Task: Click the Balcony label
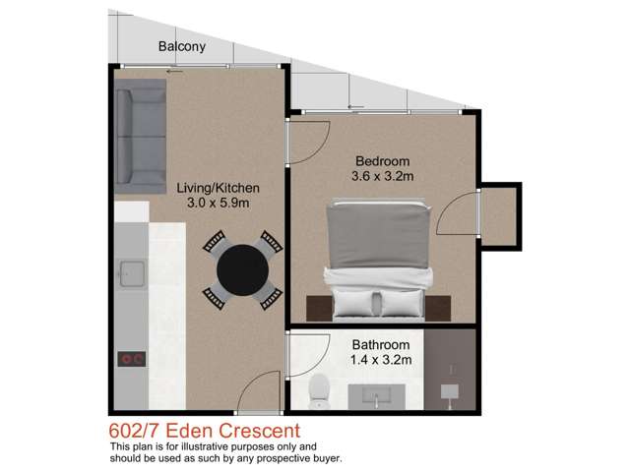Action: pyautogui.click(x=183, y=46)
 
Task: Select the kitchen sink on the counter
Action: pyautogui.click(x=130, y=269)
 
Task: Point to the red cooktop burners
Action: pyautogui.click(x=130, y=359)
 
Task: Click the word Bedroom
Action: pyautogui.click(x=381, y=160)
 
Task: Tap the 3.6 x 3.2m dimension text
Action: pyautogui.click(x=381, y=177)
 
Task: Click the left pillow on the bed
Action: pyautogui.click(x=353, y=299)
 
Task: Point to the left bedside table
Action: pyautogui.click(x=318, y=307)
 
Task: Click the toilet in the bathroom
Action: pyautogui.click(x=318, y=392)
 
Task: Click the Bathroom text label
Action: pyautogui.click(x=381, y=345)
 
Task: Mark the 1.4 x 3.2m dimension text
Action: pyautogui.click(x=381, y=361)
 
